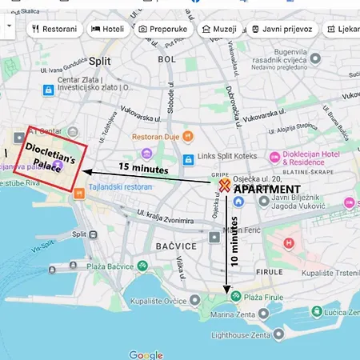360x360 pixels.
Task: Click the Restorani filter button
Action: point(55,29)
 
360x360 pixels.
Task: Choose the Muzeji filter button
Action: point(218,29)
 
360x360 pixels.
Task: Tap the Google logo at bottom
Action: point(146,354)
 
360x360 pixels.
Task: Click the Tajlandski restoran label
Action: point(118,186)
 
